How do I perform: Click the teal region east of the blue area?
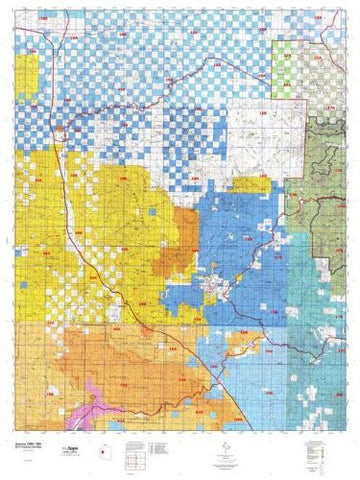pyautogui.click(x=300, y=280)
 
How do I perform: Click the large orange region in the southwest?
pyautogui.click(x=100, y=360)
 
